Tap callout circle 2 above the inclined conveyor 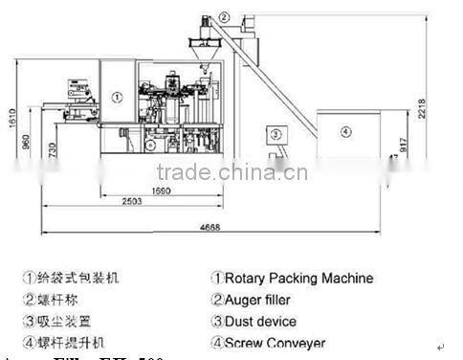[224, 17]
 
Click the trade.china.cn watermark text [231, 173]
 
